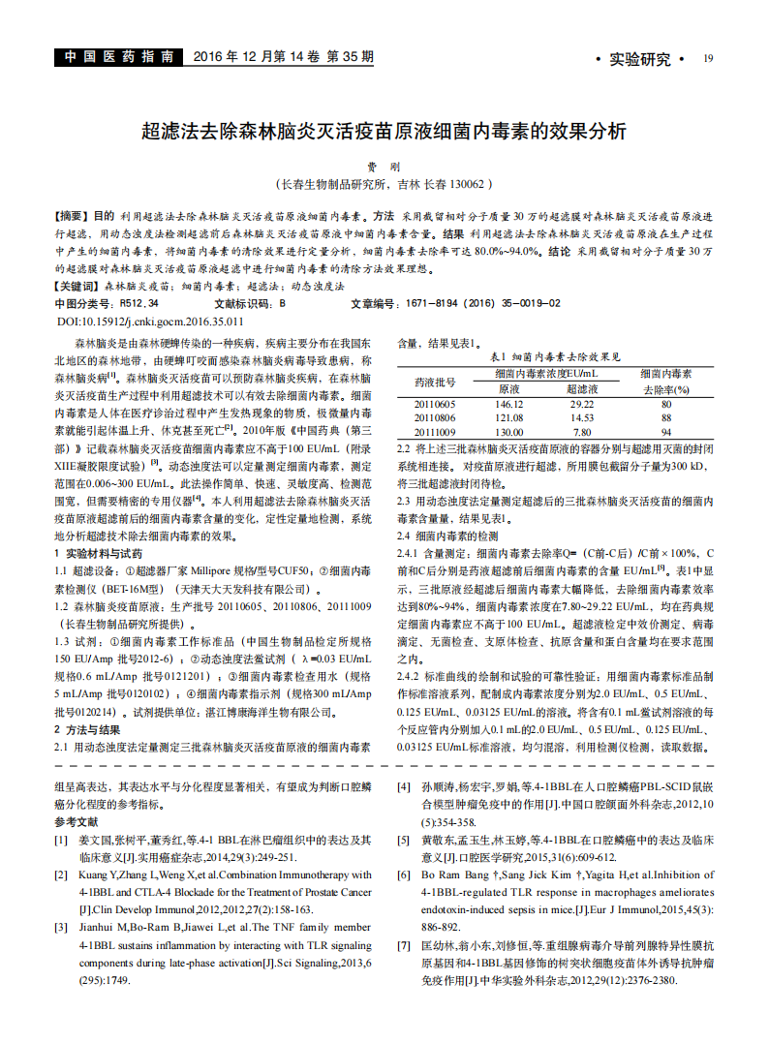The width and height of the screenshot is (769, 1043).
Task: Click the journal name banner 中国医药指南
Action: click(117, 57)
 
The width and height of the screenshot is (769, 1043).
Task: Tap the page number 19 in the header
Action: click(708, 58)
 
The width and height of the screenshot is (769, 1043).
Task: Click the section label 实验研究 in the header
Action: click(639, 59)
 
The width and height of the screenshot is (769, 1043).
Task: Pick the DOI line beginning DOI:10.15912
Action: click(151, 321)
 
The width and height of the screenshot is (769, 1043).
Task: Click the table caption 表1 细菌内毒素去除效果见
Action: click(556, 356)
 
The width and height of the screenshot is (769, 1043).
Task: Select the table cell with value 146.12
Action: click(508, 404)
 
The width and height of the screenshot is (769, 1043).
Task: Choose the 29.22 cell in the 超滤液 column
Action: click(581, 404)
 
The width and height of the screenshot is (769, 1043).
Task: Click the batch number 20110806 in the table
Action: click(435, 417)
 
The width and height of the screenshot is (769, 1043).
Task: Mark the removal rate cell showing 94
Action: click(665, 432)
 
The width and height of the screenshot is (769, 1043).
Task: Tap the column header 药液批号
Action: click(435, 381)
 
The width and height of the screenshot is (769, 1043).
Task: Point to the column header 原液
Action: click(508, 388)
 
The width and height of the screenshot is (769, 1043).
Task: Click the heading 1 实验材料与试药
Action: click(97, 553)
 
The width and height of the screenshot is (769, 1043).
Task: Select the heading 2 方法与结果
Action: click(87, 729)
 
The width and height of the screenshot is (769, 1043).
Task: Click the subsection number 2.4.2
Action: click(413, 676)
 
